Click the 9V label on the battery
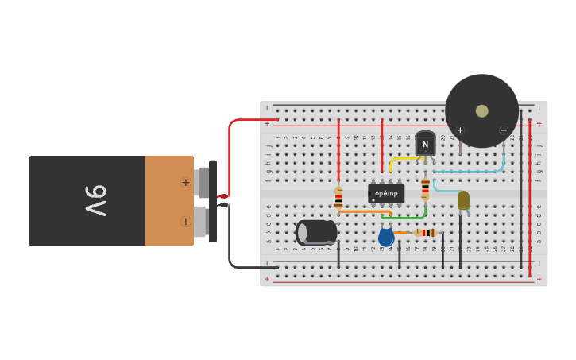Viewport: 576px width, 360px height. click(95, 200)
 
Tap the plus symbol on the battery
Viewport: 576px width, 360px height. click(186, 182)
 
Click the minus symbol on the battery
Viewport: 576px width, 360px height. click(186, 221)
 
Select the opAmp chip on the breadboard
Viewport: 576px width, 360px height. click(386, 193)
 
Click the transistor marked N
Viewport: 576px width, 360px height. click(425, 144)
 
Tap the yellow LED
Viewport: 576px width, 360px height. click(463, 200)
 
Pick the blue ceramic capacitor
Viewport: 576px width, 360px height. click(386, 237)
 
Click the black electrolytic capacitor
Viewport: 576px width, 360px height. click(316, 232)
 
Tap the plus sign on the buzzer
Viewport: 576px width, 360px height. click(459, 130)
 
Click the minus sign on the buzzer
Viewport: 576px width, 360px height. click(503, 130)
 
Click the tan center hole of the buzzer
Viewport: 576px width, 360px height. click(481, 110)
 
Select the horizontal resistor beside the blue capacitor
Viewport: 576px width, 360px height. click(426, 232)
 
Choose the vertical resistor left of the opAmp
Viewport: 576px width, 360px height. click(338, 197)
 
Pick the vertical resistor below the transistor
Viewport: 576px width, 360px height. click(425, 188)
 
